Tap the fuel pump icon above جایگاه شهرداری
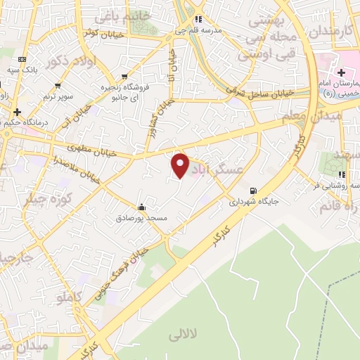point(252,191)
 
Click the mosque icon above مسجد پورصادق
point(142,207)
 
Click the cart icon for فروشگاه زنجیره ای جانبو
point(125,76)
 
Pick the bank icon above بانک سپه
point(23,59)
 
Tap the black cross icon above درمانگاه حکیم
point(17,112)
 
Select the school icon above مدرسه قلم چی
point(199,19)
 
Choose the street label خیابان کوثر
point(103,33)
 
